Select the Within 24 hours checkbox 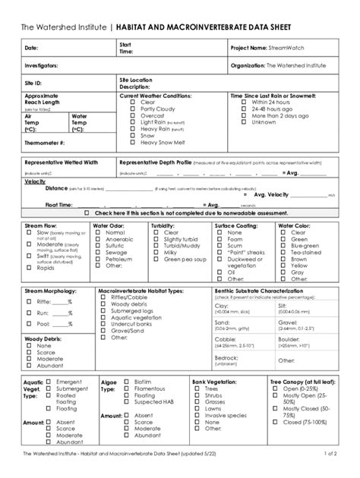[236, 102]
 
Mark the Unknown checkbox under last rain [236, 122]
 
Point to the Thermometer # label [45, 141]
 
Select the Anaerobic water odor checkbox [95, 239]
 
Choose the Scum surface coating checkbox [219, 246]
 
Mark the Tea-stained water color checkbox [282, 253]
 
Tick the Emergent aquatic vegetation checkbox [49, 381]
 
